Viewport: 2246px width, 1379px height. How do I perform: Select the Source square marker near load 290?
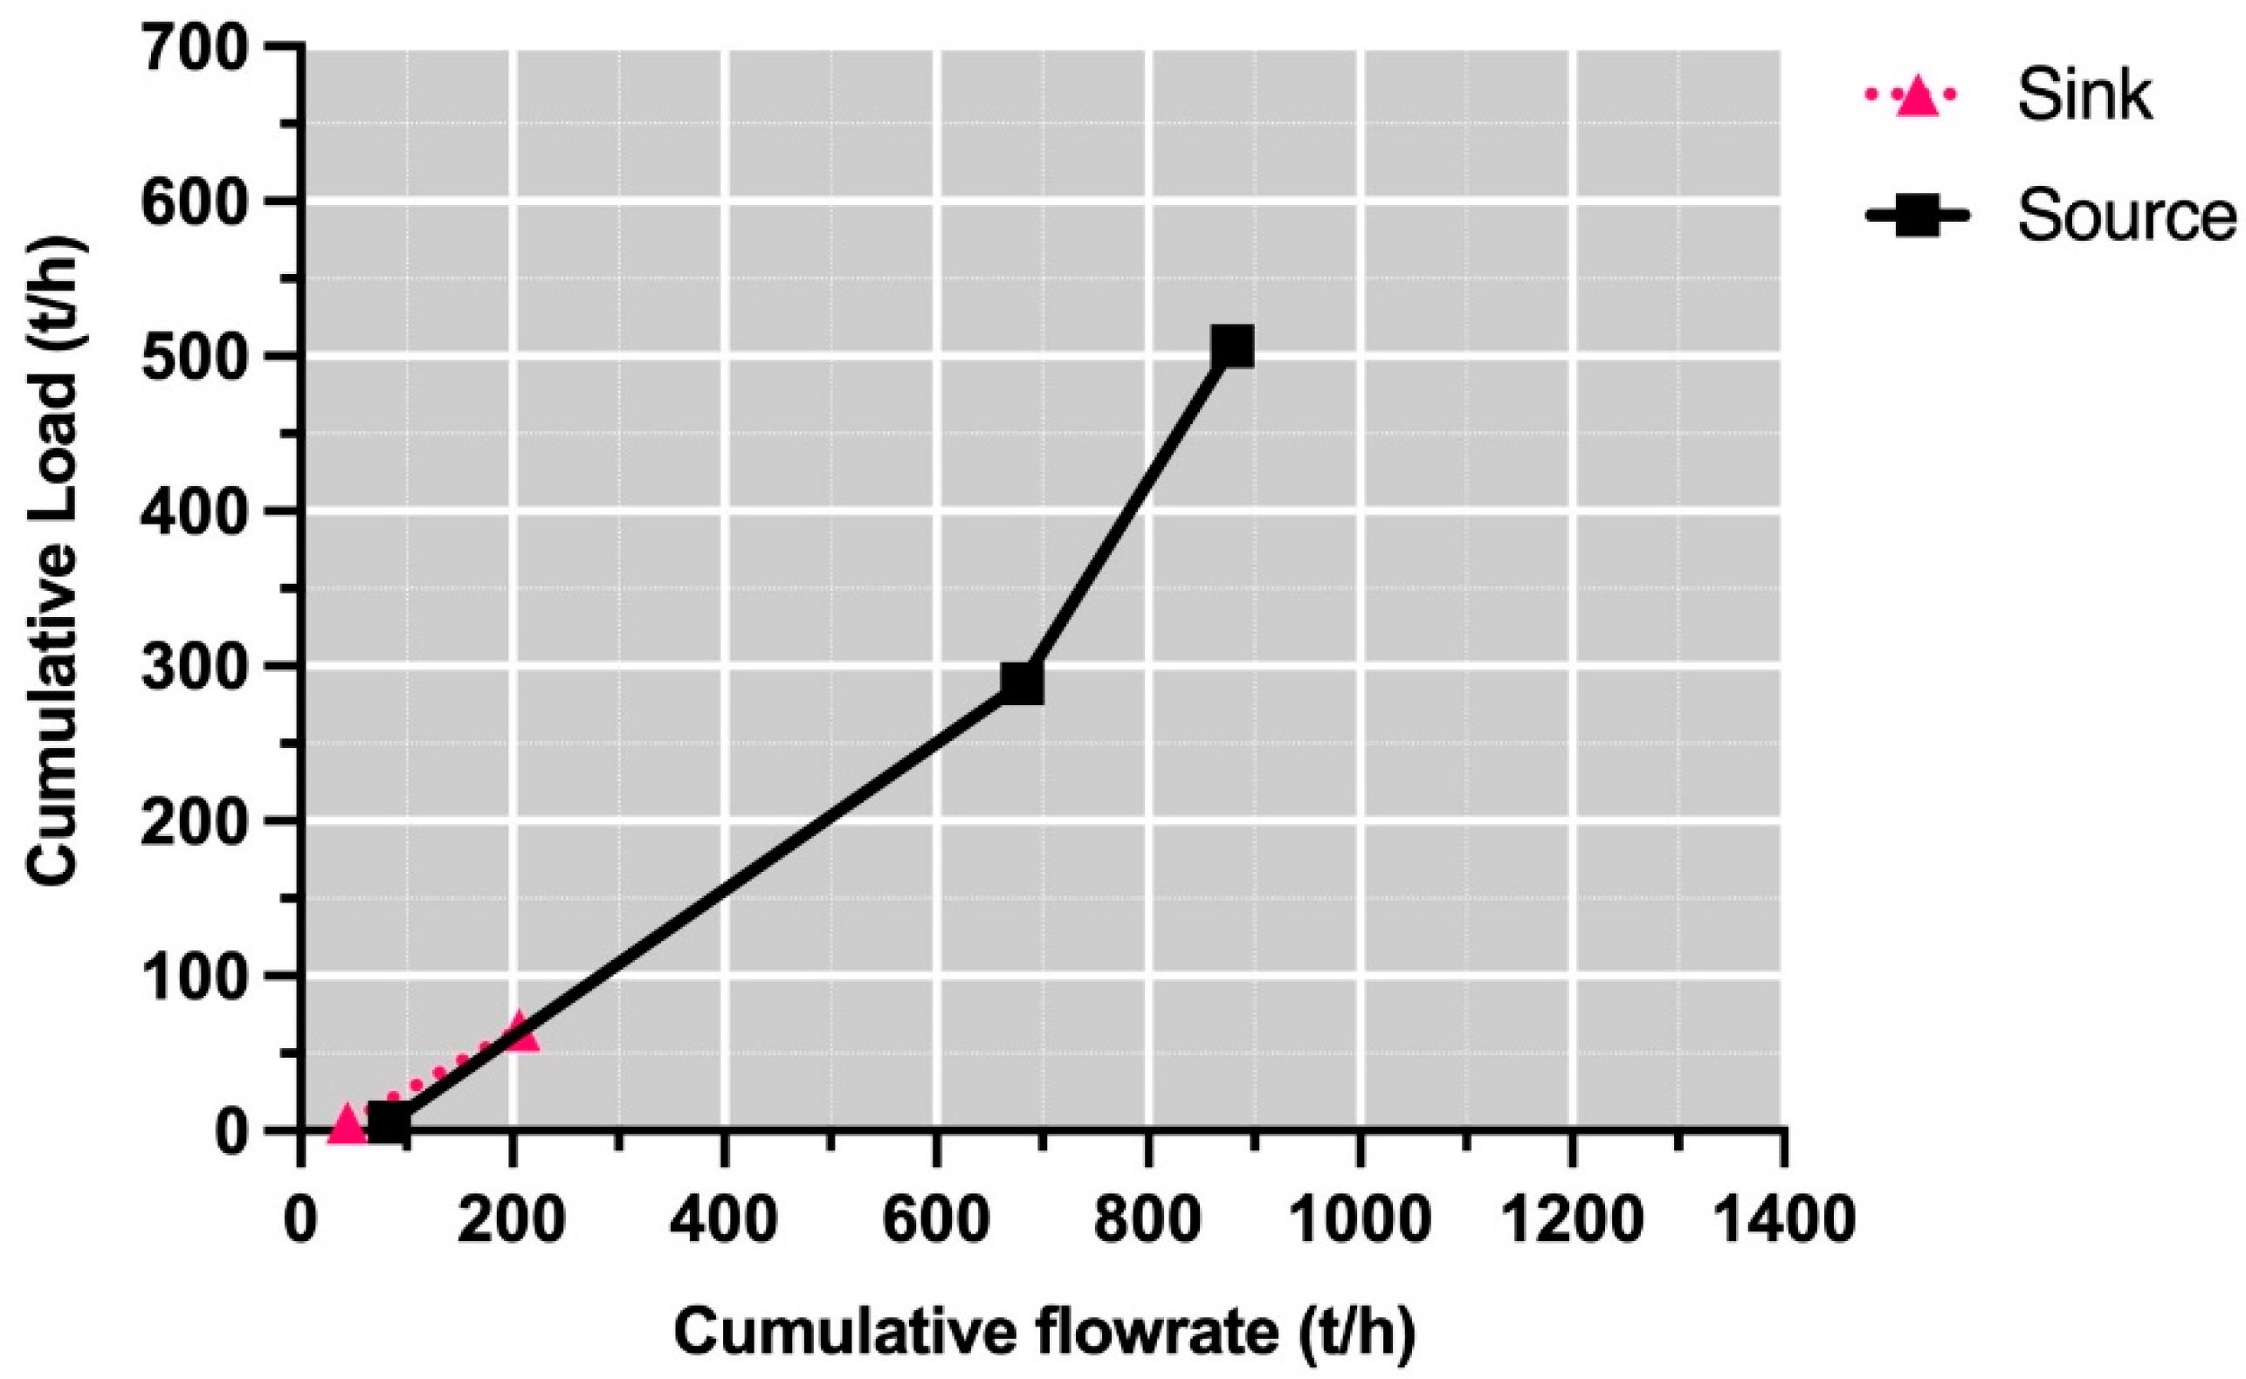(1022, 683)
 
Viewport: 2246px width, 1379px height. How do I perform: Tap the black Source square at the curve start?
(389, 1123)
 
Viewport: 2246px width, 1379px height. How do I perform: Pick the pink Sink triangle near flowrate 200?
(519, 1033)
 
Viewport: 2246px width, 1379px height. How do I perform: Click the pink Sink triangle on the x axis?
(347, 1123)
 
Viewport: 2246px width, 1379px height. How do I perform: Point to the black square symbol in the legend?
(1917, 216)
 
